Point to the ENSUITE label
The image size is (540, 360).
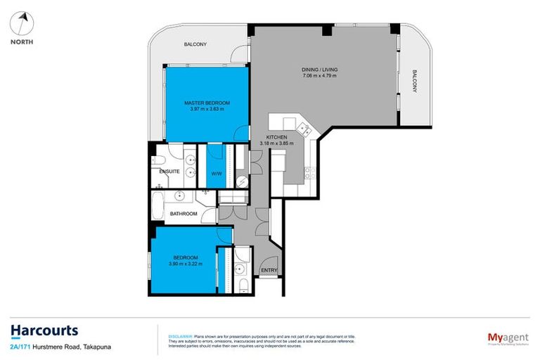(170, 171)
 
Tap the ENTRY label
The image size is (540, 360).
(269, 270)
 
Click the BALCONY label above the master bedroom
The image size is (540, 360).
(195, 44)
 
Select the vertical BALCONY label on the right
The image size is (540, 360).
(415, 81)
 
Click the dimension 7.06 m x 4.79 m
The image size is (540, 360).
(319, 75)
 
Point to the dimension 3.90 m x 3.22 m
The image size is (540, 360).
(186, 264)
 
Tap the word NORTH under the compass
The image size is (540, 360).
(22, 41)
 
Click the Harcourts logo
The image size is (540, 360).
(44, 330)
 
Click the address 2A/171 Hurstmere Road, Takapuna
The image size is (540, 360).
(56, 347)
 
